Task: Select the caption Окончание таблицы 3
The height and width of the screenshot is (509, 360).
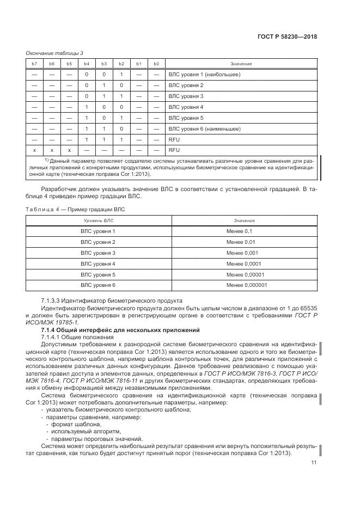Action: [54, 53]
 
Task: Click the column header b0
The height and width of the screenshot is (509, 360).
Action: [156, 64]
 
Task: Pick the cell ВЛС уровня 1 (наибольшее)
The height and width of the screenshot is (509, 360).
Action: [204, 75]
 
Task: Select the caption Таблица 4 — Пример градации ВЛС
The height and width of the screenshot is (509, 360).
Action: [76, 209]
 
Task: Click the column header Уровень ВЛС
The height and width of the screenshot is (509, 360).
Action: [98, 220]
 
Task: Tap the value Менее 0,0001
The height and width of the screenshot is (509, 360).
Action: [240, 263]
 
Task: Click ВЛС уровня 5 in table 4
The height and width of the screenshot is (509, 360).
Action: [98, 274]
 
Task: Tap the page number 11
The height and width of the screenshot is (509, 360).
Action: [314, 463]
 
